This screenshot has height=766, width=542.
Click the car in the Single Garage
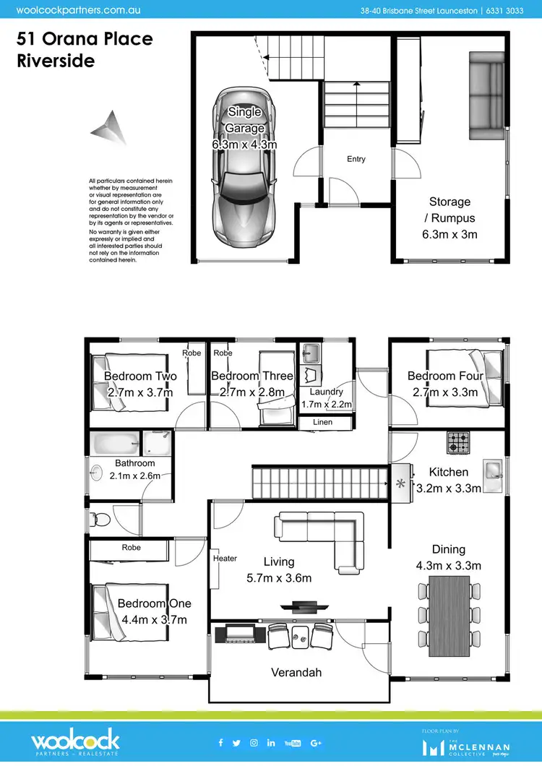244,168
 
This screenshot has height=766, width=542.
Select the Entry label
356,159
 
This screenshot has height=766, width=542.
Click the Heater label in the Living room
225,558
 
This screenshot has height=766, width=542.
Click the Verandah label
296,672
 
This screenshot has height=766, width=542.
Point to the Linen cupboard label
323,422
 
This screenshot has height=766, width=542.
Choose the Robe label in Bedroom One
132,547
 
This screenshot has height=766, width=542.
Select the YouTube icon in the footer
293,742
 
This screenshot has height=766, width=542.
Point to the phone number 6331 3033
504,11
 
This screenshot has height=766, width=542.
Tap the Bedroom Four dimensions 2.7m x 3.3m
445,392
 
